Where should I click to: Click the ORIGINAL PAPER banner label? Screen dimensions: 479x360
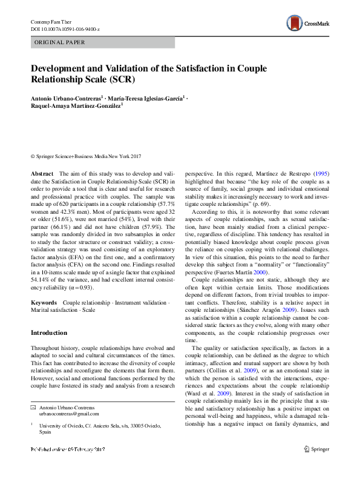pos(59,42)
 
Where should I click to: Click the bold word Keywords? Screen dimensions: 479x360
pos(44,301)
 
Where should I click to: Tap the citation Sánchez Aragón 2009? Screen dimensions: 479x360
pos(254,308)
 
